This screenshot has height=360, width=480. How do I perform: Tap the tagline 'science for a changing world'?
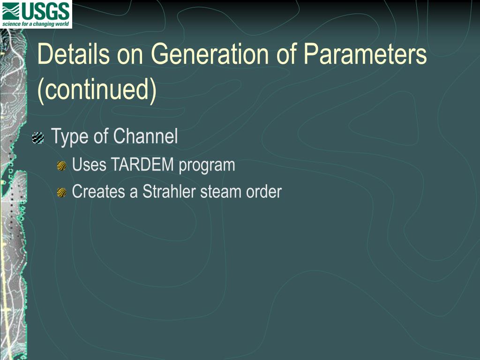pyautogui.click(x=36, y=24)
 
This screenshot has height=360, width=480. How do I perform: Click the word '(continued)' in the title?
pyautogui.click(x=97, y=89)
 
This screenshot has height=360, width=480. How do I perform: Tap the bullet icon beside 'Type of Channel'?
pyautogui.click(x=38, y=138)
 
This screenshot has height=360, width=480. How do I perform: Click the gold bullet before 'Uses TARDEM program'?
pyautogui.click(x=61, y=166)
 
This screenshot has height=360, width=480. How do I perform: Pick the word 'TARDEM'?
pyautogui.click(x=142, y=165)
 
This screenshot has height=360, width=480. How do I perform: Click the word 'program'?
pyautogui.click(x=207, y=166)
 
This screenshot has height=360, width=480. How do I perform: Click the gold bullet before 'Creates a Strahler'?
pyautogui.click(x=61, y=193)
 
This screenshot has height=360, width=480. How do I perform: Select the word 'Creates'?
pyautogui.click(x=98, y=192)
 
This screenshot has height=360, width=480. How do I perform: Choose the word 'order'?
pyautogui.click(x=264, y=192)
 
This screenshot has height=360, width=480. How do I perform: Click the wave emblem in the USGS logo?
pyautogui.click(x=12, y=11)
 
